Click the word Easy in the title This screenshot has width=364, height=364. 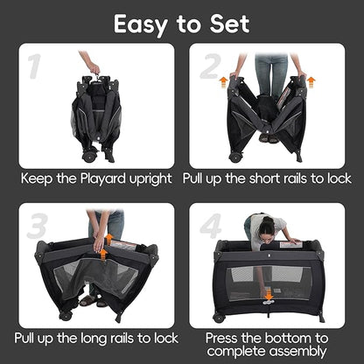click(141, 24)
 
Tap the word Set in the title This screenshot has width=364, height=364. click(230, 24)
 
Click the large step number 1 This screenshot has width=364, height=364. click(35, 66)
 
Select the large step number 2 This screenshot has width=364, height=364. click(210, 66)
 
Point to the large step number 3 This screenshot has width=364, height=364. click(37, 226)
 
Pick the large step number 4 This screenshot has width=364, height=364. click(211, 226)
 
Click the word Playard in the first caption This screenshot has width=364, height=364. click(103, 178)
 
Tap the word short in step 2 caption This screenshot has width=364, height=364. click(263, 178)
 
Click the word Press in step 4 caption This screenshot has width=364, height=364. click(221, 339)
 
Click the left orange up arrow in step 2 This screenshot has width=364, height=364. click(223, 82)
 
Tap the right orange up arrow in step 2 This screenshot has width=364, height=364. click(311, 82)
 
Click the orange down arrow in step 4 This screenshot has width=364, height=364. click(269, 296)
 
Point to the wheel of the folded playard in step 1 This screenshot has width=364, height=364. click(88, 156)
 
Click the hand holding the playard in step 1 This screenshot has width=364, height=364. click(94, 68)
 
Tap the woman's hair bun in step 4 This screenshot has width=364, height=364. click(268, 220)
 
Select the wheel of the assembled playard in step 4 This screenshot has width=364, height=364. click(219, 318)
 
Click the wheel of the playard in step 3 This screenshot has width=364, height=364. click(66, 315)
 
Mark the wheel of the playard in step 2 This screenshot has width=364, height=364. click(235, 157)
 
